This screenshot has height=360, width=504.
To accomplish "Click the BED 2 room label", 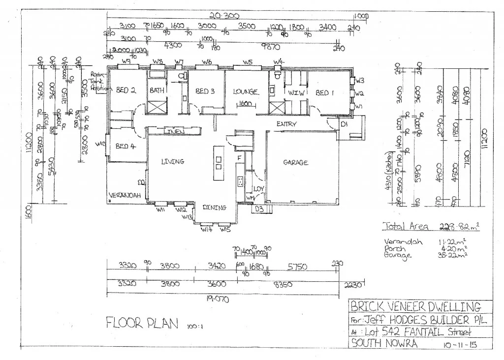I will click(126, 90).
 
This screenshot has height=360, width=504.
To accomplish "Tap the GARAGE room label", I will click(295, 163).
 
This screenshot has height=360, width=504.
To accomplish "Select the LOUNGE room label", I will click(246, 91).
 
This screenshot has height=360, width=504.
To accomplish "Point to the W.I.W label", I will click(297, 92).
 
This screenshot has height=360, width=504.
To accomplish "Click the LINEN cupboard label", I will click(174, 132).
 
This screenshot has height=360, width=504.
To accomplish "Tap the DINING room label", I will click(215, 208).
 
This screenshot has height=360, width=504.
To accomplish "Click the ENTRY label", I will click(286, 124).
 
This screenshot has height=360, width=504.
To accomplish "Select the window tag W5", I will click(247, 62).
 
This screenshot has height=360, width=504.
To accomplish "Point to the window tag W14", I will click(206, 230).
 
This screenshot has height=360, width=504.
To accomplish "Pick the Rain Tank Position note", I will click(98, 82).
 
